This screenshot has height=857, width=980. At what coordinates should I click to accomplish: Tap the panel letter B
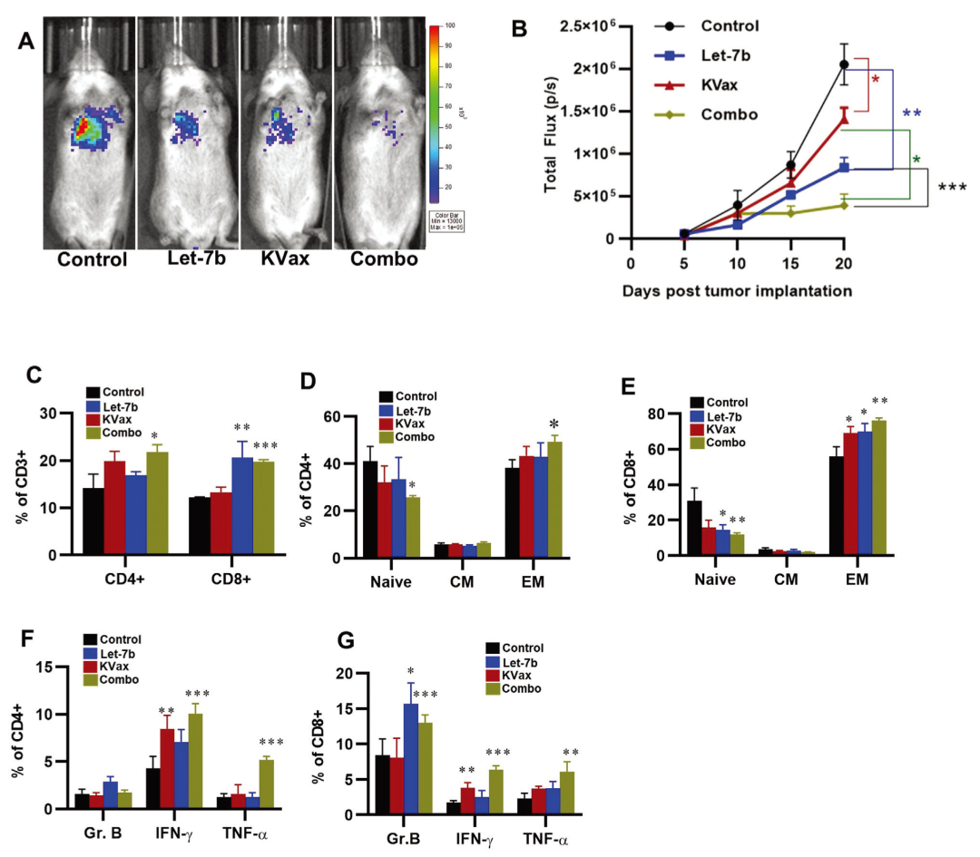[x=521, y=28]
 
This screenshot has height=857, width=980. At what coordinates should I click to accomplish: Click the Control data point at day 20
[x=844, y=63]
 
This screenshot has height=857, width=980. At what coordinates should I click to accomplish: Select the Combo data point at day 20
[x=844, y=205]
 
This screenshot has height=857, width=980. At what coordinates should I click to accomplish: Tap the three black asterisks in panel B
[x=952, y=189]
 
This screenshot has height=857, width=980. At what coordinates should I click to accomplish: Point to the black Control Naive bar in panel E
[x=695, y=527]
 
